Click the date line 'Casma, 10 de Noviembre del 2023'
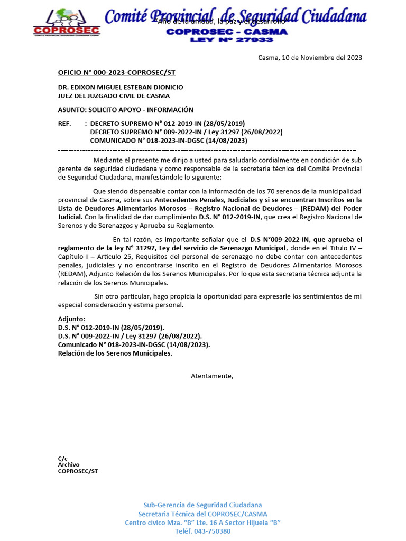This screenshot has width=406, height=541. coord(310,58)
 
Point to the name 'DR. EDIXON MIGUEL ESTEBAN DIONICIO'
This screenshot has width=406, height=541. coord(121,87)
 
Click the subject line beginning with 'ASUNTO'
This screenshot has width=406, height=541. coord(126,110)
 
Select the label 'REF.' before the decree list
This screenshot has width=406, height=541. coord(64,124)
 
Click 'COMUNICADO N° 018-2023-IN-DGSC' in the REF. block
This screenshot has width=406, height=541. coord(169,141)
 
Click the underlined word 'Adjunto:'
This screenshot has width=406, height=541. coord(71,319)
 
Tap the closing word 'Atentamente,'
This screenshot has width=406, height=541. coord(211,376)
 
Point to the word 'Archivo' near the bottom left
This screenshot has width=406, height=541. coord(69,464)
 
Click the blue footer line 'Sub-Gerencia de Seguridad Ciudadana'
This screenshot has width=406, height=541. coord(202,505)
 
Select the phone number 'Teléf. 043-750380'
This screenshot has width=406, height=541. coord(202,531)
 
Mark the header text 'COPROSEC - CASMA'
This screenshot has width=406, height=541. coord(227,32)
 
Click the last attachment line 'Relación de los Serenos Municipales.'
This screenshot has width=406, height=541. coord(115,353)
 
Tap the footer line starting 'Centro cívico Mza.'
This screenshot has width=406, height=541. coord(202,522)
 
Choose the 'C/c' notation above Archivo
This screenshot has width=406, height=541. coord(62,458)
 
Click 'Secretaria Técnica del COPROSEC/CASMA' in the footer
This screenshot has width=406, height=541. coord(202,514)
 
